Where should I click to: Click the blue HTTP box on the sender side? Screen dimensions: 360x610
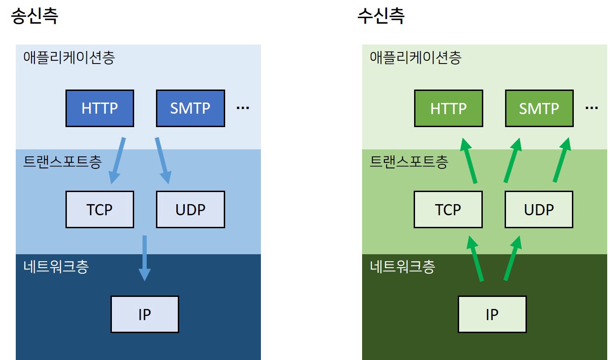tap(100, 108)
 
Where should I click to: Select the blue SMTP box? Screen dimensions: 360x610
tap(190, 108)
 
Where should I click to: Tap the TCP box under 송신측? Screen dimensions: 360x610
tap(100, 209)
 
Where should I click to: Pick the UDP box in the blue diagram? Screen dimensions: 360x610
tap(190, 209)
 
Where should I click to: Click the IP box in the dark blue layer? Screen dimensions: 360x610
tap(144, 314)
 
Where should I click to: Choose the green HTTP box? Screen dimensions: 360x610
tap(448, 108)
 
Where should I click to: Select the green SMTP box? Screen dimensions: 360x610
tap(539, 108)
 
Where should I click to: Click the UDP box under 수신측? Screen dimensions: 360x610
tap(539, 209)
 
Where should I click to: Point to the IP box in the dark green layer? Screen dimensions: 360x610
tap(492, 314)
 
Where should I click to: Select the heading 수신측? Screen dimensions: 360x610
tap(381, 17)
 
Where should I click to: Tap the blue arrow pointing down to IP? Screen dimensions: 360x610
tap(144, 257)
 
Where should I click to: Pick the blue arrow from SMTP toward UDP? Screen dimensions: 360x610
tap(162, 160)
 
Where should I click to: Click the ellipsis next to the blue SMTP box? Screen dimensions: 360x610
tap(243, 108)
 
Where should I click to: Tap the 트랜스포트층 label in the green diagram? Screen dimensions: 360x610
tap(409, 162)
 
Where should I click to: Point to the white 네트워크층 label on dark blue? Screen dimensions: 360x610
tap(55, 267)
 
